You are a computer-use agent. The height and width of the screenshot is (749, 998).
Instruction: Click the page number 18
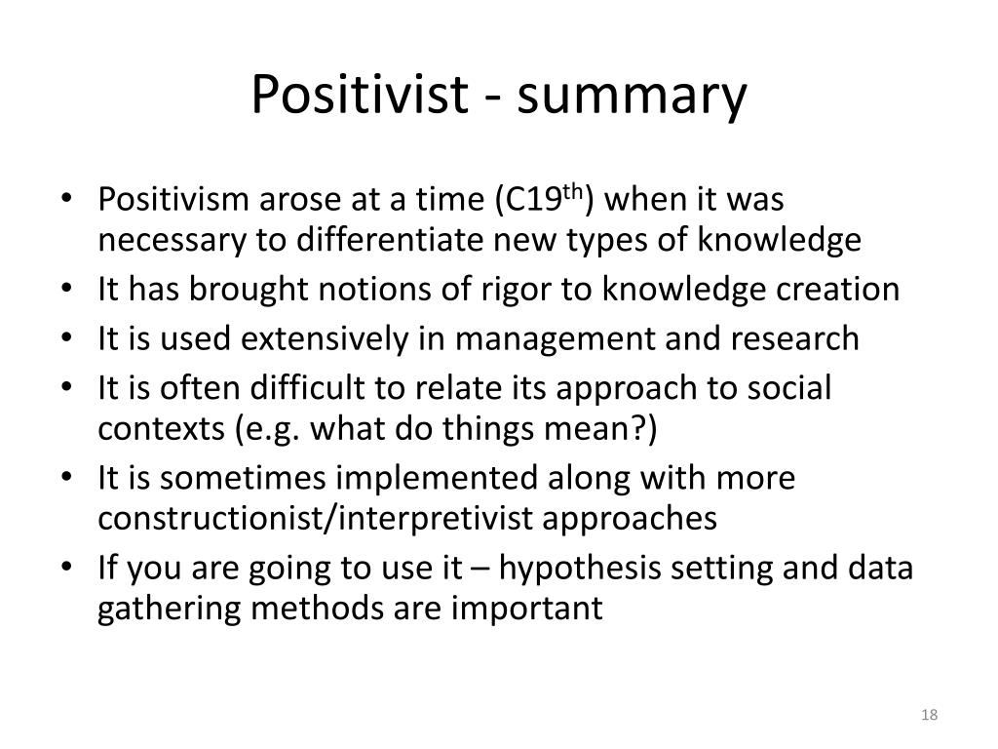pos(929,716)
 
